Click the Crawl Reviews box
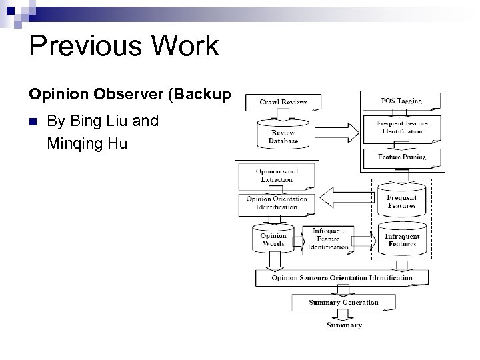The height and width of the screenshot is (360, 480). click(283, 102)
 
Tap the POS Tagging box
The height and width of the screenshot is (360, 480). click(401, 101)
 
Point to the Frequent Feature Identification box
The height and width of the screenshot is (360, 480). click(401, 127)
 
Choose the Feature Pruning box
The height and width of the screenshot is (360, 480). click(401, 157)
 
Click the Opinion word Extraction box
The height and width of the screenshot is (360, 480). click(277, 176)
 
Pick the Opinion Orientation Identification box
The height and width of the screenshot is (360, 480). click(277, 203)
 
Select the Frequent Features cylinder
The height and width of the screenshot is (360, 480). click(401, 199)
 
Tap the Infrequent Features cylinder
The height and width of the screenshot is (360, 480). click(401, 238)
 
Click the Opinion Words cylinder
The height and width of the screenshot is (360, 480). click(273, 239)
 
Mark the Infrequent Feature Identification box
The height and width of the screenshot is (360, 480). click(327, 239)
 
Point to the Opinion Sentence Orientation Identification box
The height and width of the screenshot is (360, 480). click(342, 278)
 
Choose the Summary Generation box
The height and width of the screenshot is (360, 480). click(343, 303)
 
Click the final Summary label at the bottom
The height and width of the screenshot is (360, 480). click(344, 325)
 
